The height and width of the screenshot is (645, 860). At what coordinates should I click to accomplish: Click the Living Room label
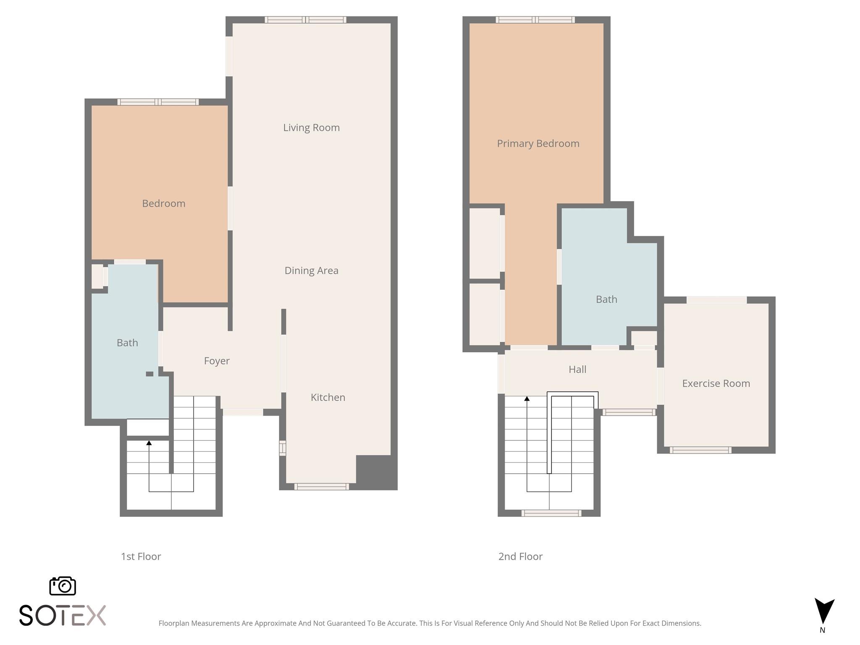point(311,128)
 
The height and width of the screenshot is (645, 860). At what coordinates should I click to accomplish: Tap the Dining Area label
point(311,271)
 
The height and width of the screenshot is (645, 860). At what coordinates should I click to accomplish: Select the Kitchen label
point(328,398)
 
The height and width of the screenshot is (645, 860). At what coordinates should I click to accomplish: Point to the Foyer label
point(217,361)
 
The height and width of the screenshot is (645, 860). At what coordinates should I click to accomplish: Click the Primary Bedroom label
point(538,144)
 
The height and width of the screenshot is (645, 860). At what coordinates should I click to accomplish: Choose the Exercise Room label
point(716,383)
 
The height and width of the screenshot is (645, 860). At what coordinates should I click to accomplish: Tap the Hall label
point(577,370)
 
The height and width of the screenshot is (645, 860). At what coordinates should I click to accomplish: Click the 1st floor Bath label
point(127,343)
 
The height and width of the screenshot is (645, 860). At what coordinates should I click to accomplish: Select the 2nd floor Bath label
point(606,299)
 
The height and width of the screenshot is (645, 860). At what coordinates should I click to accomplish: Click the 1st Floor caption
point(141,556)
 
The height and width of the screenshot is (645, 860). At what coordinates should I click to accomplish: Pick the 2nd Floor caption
point(520,556)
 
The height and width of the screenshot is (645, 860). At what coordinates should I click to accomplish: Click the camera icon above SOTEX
point(63,586)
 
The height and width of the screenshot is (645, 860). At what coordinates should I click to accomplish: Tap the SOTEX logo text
point(63,616)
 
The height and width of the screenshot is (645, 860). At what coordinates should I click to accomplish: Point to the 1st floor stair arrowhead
point(149,443)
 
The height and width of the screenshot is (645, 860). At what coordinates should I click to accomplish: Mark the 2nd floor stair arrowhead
point(527,399)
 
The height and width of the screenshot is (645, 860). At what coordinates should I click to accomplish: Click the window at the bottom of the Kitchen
point(321,487)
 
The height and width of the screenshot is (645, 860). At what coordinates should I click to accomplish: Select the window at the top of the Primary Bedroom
point(535,19)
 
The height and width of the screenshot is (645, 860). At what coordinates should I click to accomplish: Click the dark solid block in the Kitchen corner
point(376,472)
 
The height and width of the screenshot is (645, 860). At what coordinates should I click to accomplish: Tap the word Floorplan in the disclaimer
point(174,623)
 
